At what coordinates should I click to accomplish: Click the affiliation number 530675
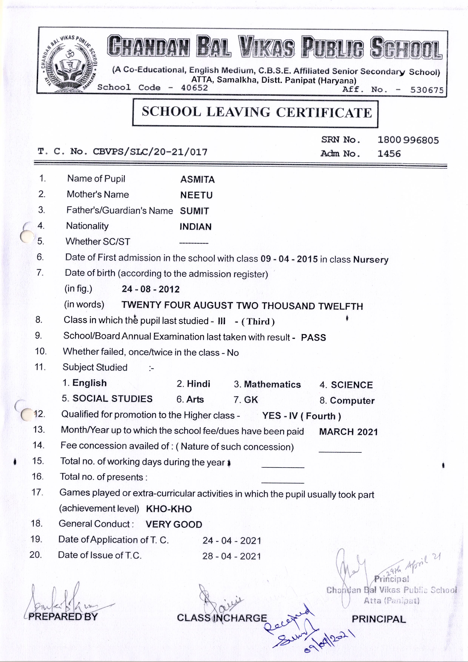[x=427, y=90]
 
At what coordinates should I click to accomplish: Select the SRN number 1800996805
[x=408, y=140]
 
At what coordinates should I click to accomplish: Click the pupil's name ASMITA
[x=198, y=180]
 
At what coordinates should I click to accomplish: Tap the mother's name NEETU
[x=196, y=195]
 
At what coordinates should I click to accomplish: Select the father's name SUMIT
[x=194, y=211]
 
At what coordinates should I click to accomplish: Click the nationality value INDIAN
[x=196, y=227]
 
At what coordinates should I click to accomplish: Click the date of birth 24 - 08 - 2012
[x=151, y=289]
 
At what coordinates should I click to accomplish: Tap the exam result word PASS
[x=313, y=338]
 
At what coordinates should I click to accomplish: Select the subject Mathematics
[x=272, y=384]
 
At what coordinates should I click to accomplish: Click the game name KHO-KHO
[x=169, y=509]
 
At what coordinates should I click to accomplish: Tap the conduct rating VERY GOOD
[x=174, y=524]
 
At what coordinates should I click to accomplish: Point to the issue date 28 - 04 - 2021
[x=232, y=556]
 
